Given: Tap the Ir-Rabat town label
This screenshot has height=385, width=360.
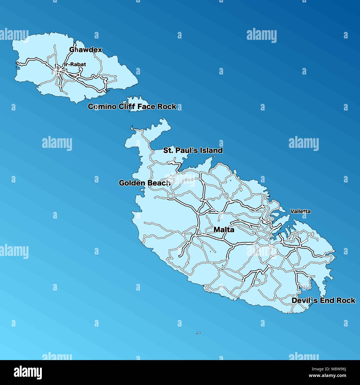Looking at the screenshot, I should pyautogui.click(x=75, y=65).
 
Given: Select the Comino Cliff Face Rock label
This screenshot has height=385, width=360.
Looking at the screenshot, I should pyautogui.click(x=132, y=107).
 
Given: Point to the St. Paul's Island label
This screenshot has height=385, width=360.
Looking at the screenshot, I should pyautogui.click(x=193, y=150).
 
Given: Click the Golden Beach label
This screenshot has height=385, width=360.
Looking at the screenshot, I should pyautogui.click(x=145, y=183).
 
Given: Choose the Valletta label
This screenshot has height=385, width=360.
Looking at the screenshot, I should pyautogui.click(x=300, y=211).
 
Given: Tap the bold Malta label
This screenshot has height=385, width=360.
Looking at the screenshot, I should pyautogui.click(x=224, y=230).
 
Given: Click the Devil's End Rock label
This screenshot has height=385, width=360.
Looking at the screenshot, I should pyautogui.click(x=323, y=301).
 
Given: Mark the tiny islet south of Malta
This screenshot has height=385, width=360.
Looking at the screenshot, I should pyautogui.click(x=198, y=333).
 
